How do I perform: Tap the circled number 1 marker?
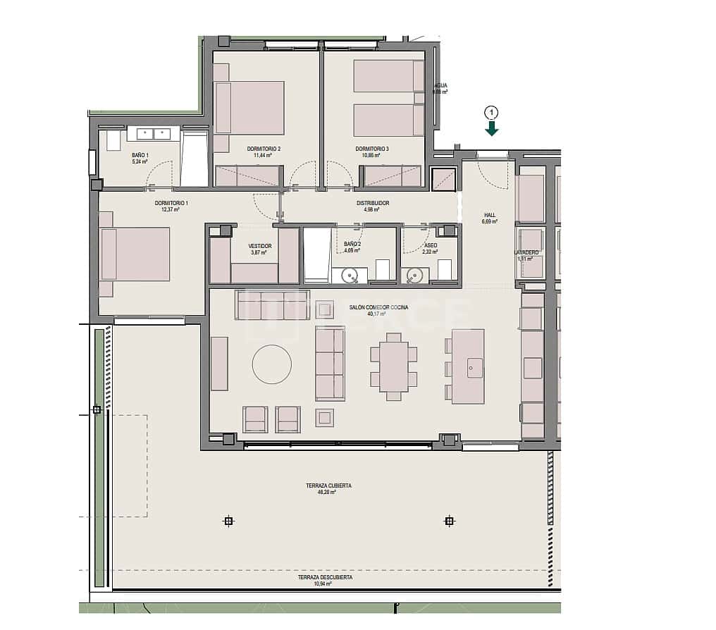point(491,111)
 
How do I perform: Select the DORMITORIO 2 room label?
point(264,149)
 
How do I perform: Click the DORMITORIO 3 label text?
point(372,149)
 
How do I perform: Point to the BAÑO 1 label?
point(140,155)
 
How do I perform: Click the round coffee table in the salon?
point(272,364)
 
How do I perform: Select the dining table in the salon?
point(393,366)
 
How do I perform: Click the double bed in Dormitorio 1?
point(135,254)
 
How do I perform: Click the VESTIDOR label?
point(260,246)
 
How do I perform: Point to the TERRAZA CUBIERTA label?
point(328,486)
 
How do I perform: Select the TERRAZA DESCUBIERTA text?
point(325,577)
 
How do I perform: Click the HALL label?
point(490,215)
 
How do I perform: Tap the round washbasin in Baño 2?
point(350,276)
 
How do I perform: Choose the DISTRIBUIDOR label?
point(372,203)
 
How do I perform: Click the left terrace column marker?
point(228,521)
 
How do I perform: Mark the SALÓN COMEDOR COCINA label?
point(378,307)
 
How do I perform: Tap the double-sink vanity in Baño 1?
point(153,133)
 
